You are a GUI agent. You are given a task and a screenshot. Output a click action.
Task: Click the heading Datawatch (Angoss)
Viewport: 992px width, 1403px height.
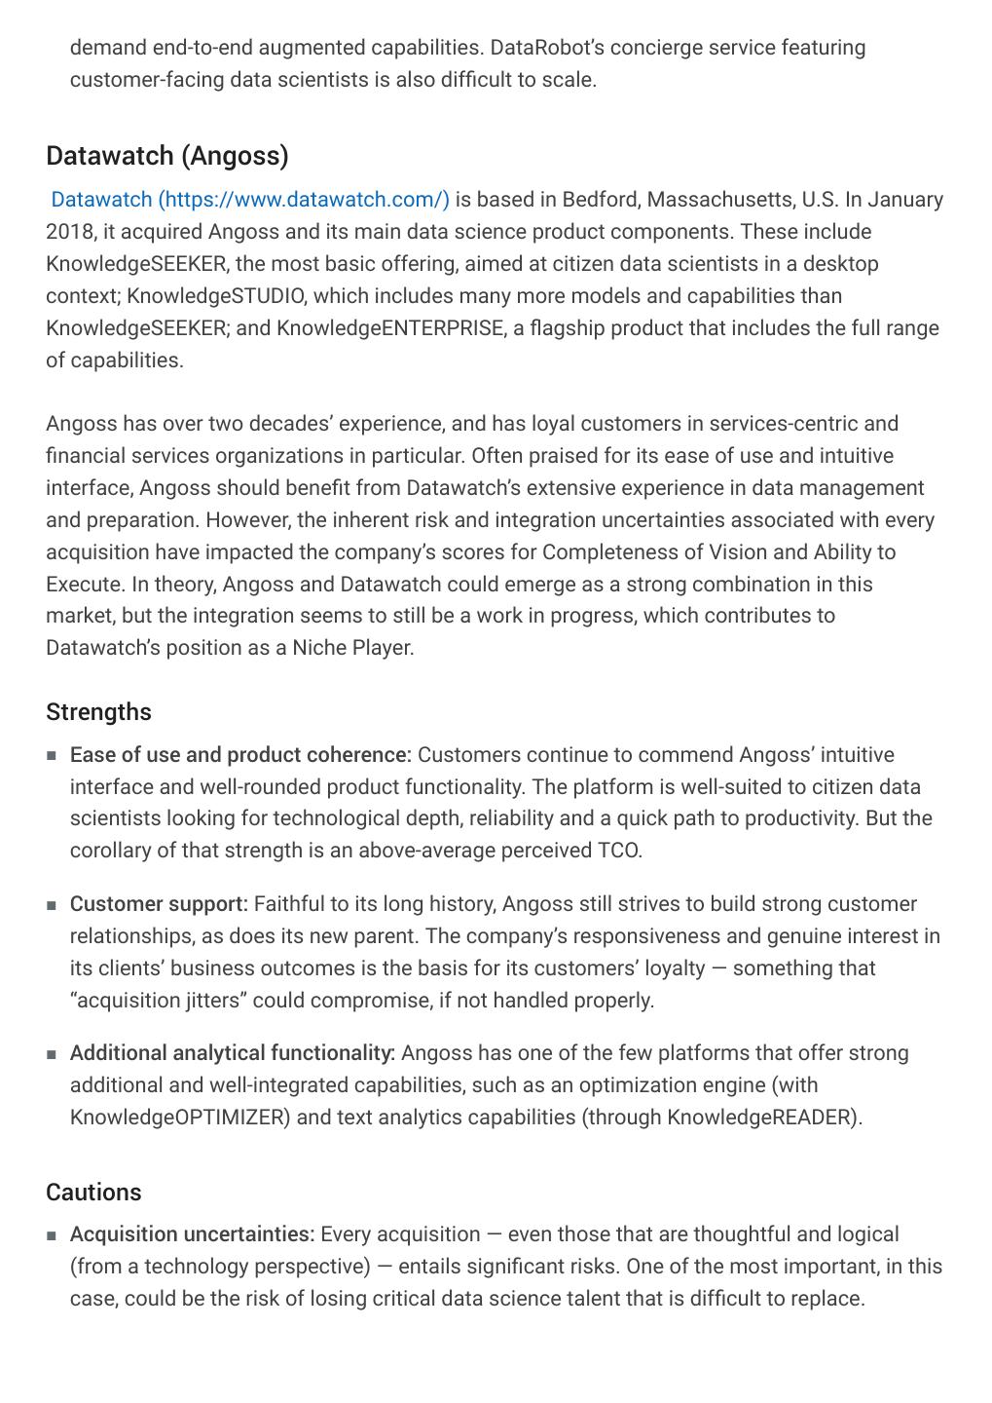tap(167, 156)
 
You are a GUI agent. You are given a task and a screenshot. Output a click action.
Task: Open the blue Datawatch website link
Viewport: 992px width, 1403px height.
tap(250, 200)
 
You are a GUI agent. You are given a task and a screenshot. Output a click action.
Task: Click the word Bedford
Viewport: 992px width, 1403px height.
tap(600, 200)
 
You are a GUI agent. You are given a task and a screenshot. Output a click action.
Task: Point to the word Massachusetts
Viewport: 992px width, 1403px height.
tap(718, 200)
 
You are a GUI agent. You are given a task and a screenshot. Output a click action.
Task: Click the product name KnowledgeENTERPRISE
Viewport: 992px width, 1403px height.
tap(389, 328)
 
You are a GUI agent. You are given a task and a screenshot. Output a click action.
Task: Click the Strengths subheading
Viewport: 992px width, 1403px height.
tap(98, 712)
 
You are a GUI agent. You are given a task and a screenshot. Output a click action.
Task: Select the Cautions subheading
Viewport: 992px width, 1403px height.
tap(93, 1193)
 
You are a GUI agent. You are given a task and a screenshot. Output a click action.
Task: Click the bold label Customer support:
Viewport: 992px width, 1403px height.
tap(159, 904)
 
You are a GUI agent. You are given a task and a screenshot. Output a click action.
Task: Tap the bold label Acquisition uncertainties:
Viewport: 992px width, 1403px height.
tap(192, 1234)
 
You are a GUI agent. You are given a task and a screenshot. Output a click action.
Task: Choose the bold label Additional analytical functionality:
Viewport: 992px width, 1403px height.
tap(233, 1053)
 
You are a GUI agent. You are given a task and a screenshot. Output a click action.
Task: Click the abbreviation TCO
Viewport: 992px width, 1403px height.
tap(619, 851)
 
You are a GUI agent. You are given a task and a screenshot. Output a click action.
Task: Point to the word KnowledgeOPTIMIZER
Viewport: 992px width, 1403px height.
tap(180, 1118)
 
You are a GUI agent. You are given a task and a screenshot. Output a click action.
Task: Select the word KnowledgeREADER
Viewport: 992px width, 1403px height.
tap(762, 1118)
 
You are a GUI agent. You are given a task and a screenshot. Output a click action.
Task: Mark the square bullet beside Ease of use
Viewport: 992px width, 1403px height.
tap(52, 756)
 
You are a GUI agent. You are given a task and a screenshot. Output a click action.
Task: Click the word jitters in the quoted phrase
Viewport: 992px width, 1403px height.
tap(214, 1001)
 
